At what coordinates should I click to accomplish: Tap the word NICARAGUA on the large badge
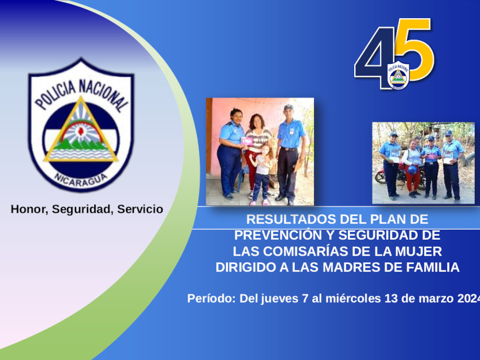tap(81, 180)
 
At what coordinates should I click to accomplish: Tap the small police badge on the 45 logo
tap(398, 76)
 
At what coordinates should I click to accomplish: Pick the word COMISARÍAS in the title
tap(306, 252)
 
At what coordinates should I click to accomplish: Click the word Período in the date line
tap(211, 298)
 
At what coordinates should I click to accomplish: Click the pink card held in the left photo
tap(247, 141)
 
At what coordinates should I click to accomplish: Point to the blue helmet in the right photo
tap(412, 170)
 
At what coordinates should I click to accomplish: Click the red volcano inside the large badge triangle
tap(81, 131)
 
